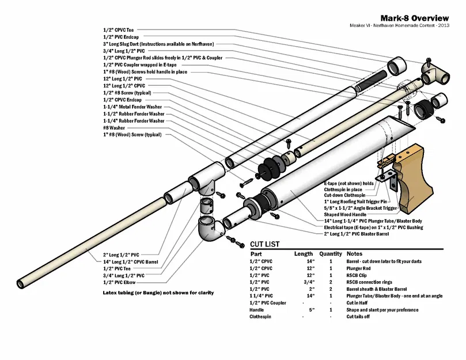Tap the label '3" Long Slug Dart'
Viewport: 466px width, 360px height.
point(155,44)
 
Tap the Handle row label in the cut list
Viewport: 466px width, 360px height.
point(257,310)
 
